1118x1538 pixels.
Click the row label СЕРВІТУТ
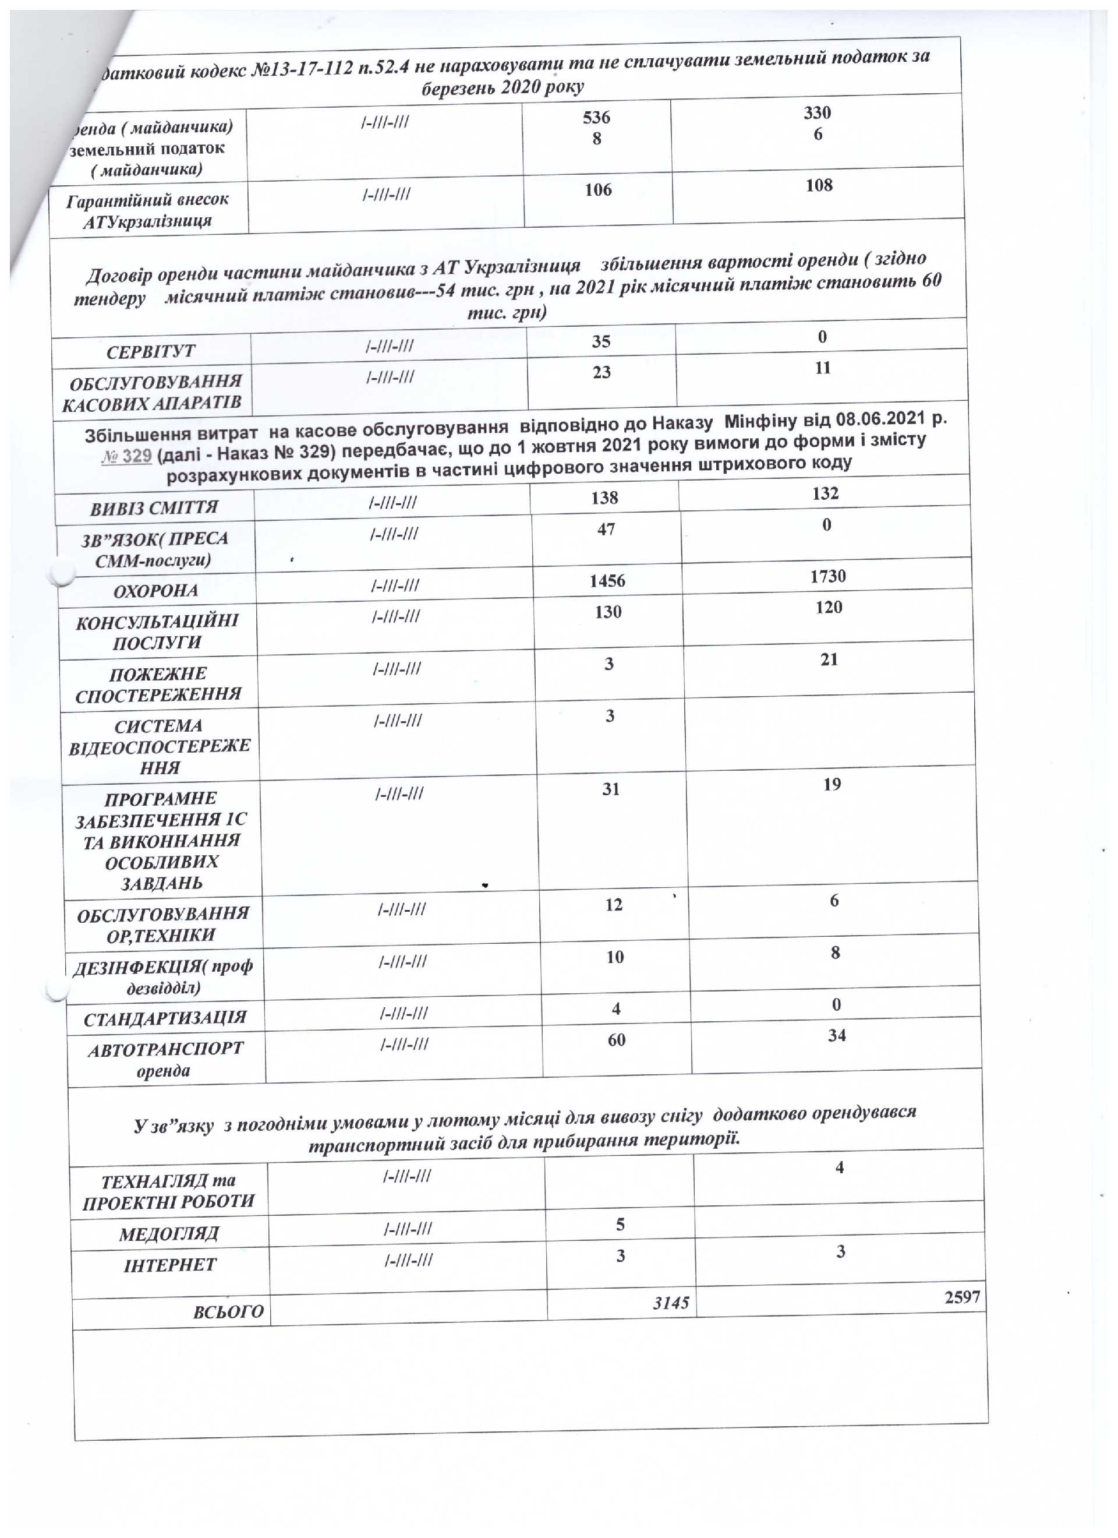click(150, 351)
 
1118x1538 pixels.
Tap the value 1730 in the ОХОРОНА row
click(828, 576)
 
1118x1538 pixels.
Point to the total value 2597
click(962, 1297)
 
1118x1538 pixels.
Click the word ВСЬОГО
click(228, 1311)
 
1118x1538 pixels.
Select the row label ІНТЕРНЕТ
click(169, 1265)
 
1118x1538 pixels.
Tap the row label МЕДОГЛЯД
click(169, 1233)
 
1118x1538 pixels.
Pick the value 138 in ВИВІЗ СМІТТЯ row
click(604, 498)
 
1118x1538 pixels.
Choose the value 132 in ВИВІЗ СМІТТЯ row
click(825, 493)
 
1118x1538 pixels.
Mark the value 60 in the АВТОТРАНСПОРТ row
click(616, 1039)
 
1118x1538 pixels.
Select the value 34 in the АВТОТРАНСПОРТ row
click(837, 1035)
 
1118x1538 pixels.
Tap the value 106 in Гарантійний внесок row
click(598, 190)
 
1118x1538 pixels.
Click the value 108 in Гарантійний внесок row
click(819, 185)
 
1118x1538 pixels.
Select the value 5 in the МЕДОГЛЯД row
click(620, 1224)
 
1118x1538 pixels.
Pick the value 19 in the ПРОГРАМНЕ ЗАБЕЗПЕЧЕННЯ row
click(832, 784)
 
